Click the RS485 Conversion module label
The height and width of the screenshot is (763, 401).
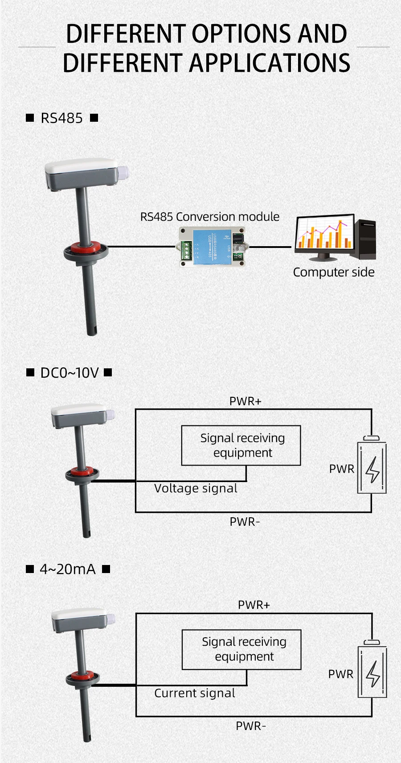[x=210, y=217]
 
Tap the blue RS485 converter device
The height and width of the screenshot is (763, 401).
[x=213, y=247]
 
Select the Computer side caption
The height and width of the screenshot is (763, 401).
[x=333, y=272]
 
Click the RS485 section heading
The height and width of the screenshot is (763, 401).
[x=61, y=118]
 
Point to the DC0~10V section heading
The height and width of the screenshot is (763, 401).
[x=69, y=373]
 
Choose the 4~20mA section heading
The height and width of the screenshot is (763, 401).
[x=68, y=569]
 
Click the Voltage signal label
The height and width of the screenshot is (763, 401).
[x=196, y=488]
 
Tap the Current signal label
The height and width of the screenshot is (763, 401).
[x=195, y=693]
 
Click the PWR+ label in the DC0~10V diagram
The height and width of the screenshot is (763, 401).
[x=245, y=401]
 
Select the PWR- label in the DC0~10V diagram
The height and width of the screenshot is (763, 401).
[x=245, y=521]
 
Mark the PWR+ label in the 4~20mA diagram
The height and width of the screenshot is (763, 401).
[x=254, y=605]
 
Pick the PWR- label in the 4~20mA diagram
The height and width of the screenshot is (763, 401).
[x=251, y=726]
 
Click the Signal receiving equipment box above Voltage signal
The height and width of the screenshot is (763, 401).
[x=241, y=445]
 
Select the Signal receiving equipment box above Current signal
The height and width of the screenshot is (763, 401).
[x=241, y=649]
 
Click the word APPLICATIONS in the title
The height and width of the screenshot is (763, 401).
[x=270, y=63]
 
